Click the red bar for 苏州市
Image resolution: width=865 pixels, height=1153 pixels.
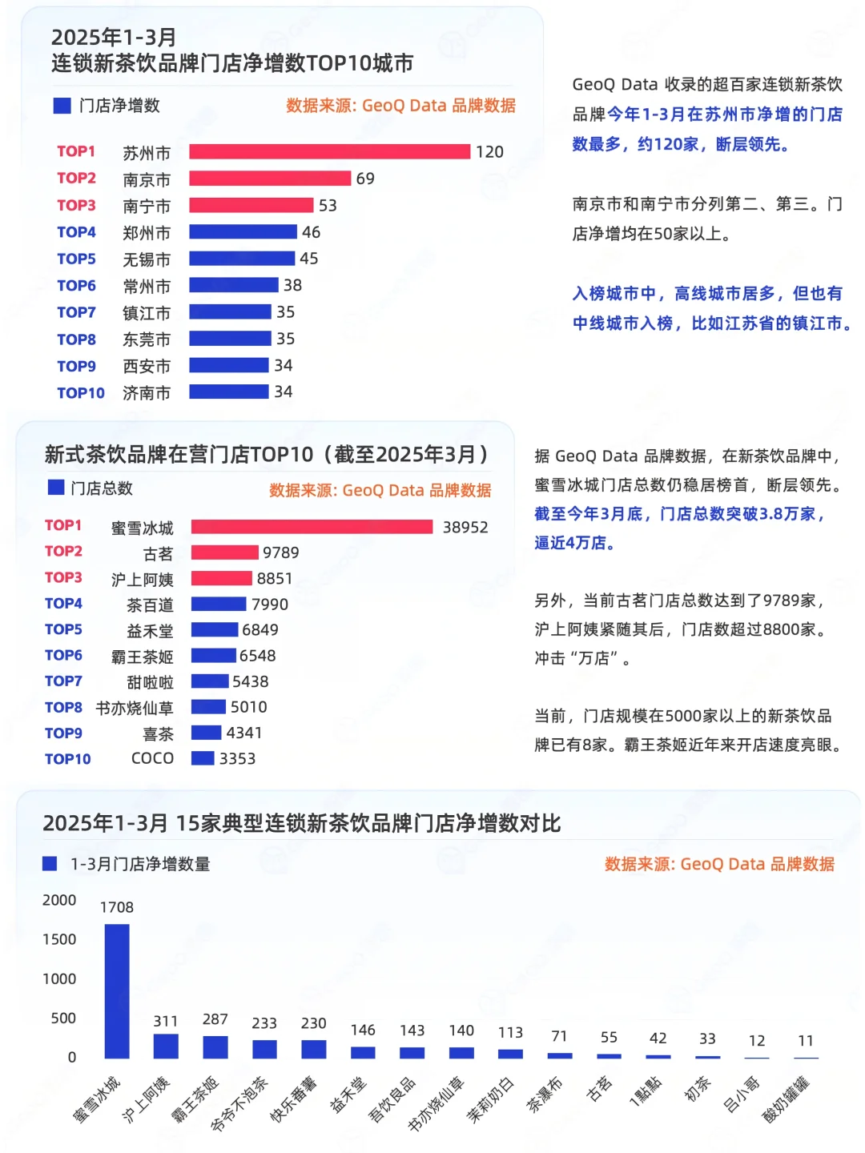329,151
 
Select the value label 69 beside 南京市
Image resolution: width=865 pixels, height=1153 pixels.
365,179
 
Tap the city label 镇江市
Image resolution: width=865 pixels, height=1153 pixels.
147,312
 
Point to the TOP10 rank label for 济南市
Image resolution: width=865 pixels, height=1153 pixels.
80,392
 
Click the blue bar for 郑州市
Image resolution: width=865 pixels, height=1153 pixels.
243,232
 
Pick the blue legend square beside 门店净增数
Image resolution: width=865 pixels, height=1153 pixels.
62,106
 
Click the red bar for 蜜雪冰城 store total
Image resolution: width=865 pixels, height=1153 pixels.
312,527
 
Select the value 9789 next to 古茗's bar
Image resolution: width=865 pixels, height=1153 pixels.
280,552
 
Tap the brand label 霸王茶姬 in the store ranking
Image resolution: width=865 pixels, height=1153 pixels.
142,657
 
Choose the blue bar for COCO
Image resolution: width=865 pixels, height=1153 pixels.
203,758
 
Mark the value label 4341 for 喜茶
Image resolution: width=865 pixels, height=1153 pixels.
243,733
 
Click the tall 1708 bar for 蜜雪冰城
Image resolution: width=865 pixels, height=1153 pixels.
117,990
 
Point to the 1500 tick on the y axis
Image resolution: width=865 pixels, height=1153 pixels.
59,939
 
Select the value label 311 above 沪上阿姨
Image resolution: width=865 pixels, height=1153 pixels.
166,1021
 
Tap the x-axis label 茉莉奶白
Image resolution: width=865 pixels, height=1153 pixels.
490,1099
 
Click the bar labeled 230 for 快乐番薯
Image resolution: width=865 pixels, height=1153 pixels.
314,1049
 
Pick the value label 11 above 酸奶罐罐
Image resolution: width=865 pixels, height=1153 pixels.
806,1040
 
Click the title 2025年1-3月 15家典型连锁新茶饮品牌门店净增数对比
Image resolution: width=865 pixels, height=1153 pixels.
301,823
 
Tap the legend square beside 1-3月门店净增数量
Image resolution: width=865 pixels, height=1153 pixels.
50,863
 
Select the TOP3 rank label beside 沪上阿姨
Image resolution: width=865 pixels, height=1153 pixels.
63,577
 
